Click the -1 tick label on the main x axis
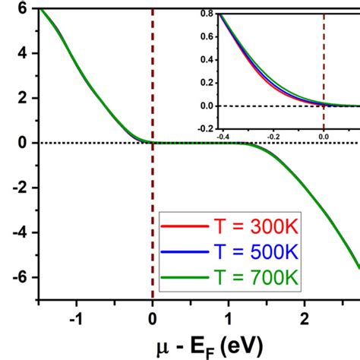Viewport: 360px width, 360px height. (74, 319)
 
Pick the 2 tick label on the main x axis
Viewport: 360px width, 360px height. (305, 319)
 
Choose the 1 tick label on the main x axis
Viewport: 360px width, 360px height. (229, 319)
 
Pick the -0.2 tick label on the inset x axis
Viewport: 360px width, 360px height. (272, 135)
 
